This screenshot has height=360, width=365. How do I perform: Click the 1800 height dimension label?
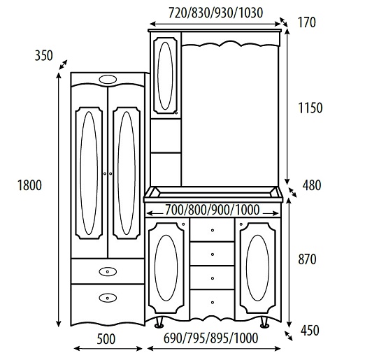pos(29,185)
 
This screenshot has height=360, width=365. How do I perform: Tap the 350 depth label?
pos(43,56)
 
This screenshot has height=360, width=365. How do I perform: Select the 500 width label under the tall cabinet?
pos(106,339)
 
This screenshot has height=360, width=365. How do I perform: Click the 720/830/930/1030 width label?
pos(215,13)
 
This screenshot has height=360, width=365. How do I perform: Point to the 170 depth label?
pos(307,22)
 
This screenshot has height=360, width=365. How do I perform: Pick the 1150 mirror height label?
pos(310,108)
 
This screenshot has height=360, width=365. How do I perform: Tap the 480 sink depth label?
pos(312,185)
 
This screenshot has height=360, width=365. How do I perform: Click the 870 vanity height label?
pos(307,259)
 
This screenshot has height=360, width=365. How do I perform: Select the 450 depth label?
pos(310,331)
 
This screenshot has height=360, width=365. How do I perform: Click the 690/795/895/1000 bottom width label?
pos(210,338)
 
